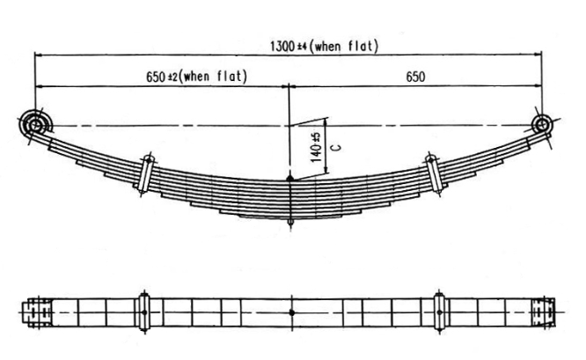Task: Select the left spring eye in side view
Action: coord(34,124)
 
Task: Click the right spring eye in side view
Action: coord(541,124)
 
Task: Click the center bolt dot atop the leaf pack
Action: coord(290,180)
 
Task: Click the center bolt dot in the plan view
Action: coord(290,312)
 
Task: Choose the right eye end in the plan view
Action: coord(543,312)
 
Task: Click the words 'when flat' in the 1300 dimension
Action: coord(351,46)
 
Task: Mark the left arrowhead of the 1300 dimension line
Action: coord(38,55)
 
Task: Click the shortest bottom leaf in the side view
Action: coord(290,216)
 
